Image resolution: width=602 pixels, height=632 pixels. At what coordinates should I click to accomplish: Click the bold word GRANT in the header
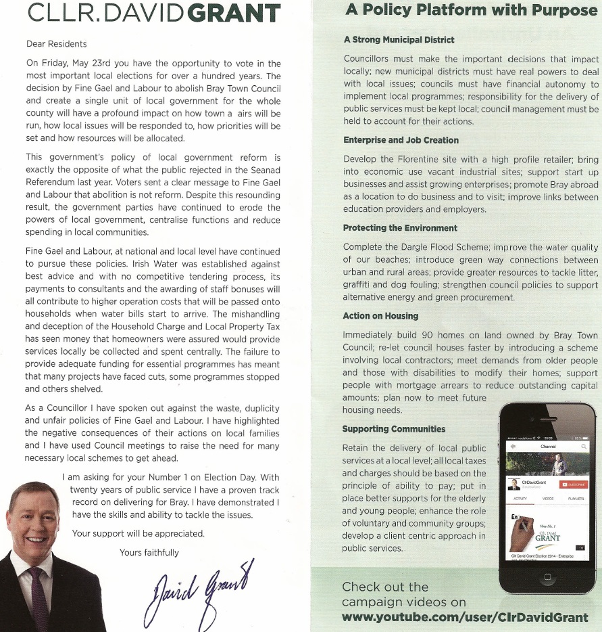[x=224, y=14]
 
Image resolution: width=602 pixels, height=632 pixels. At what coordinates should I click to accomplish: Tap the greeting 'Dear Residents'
[x=56, y=44]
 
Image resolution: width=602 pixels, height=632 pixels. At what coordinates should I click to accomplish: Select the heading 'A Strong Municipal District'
[x=399, y=41]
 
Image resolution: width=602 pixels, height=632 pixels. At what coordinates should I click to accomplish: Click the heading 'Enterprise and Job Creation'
[x=401, y=140]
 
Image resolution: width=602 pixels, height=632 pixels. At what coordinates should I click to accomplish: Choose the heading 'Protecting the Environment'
[x=400, y=228]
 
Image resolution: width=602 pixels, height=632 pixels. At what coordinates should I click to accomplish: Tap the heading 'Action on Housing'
[x=380, y=316]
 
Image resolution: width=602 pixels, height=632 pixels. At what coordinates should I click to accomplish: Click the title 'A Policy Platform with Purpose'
[x=471, y=10]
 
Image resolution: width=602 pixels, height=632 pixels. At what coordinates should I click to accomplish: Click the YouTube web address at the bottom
[x=465, y=617]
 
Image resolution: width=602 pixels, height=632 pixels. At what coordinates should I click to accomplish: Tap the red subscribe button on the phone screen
[x=573, y=484]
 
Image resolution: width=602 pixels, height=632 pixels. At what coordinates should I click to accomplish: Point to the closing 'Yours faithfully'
[x=149, y=552]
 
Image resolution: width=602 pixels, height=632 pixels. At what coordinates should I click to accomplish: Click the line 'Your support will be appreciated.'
[x=139, y=533]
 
